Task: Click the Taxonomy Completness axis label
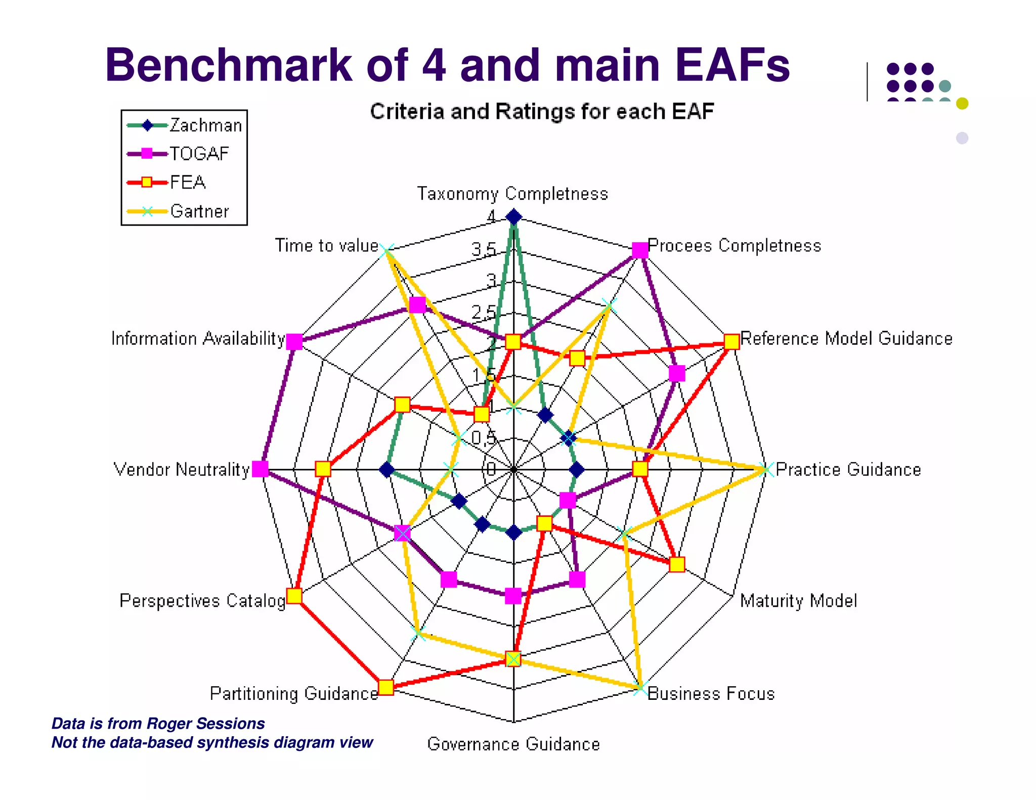512,194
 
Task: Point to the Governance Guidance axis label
513,744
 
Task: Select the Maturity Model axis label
798,601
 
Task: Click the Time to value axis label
327,245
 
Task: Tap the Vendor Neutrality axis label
182,469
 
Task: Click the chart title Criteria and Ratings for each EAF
542,112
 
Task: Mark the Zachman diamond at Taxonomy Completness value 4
513,217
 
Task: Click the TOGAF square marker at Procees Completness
640,250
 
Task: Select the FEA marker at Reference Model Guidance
731,342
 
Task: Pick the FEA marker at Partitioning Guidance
386,687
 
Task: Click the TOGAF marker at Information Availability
294,342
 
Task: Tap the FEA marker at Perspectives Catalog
294,596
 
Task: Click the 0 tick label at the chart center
491,469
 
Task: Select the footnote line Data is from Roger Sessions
158,723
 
